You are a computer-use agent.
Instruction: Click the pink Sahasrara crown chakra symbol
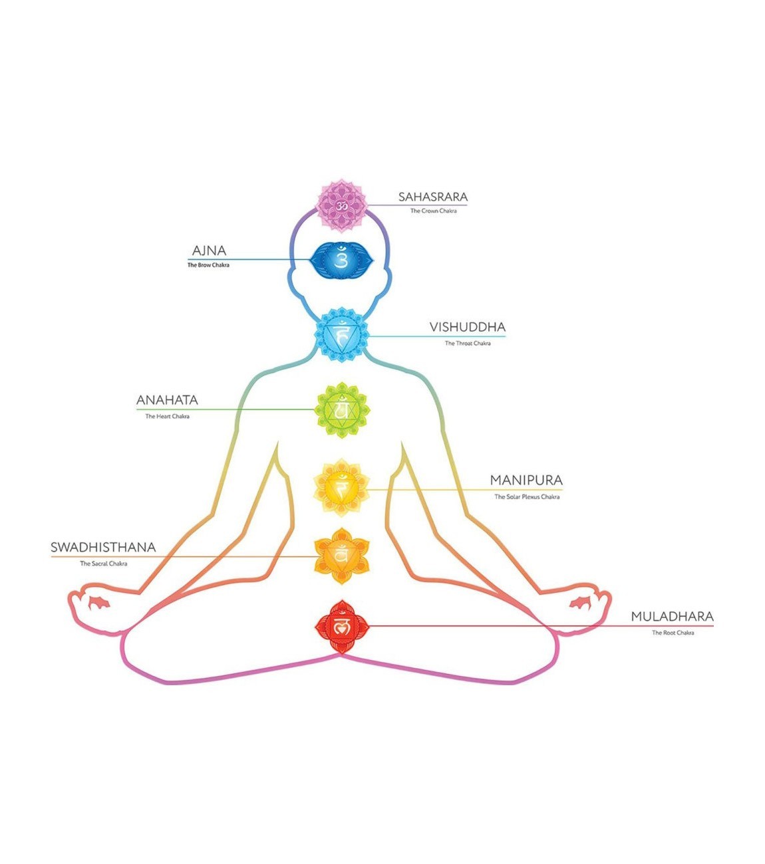[x=341, y=206]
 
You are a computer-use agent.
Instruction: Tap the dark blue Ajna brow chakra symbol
[x=341, y=260]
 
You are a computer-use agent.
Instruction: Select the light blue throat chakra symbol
[x=341, y=334]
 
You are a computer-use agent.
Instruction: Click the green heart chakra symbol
[x=341, y=410]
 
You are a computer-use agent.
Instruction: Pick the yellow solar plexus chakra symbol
[x=341, y=488]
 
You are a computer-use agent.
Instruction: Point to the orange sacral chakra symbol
[x=341, y=556]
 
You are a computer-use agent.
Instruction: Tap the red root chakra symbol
[x=341, y=627]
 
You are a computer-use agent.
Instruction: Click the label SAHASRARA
[x=433, y=197]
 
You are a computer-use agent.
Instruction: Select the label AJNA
[x=209, y=251]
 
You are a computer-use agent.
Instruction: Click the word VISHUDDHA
[x=467, y=327]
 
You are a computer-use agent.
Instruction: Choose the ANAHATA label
[x=167, y=400]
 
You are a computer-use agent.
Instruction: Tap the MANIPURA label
[x=526, y=480]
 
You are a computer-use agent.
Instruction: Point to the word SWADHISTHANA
[x=103, y=548]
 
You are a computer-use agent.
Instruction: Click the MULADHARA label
[x=672, y=617]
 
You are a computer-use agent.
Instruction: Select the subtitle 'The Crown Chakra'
[x=433, y=211]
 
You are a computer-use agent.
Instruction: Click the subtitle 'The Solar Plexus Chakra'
[x=527, y=497]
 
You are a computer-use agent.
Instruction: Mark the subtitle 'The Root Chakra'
[x=673, y=633]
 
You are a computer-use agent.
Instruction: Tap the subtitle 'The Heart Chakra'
[x=167, y=417]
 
